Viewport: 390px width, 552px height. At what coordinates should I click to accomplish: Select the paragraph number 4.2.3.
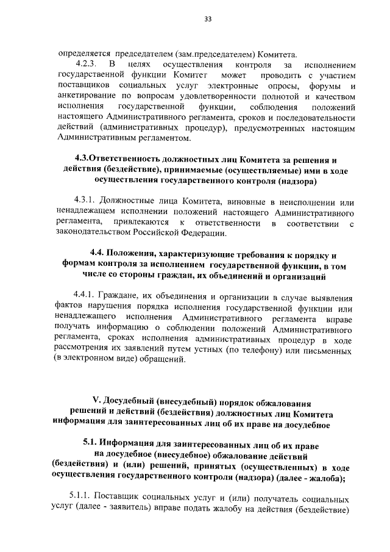(87, 63)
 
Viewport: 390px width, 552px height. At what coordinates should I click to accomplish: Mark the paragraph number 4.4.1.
(85, 297)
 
